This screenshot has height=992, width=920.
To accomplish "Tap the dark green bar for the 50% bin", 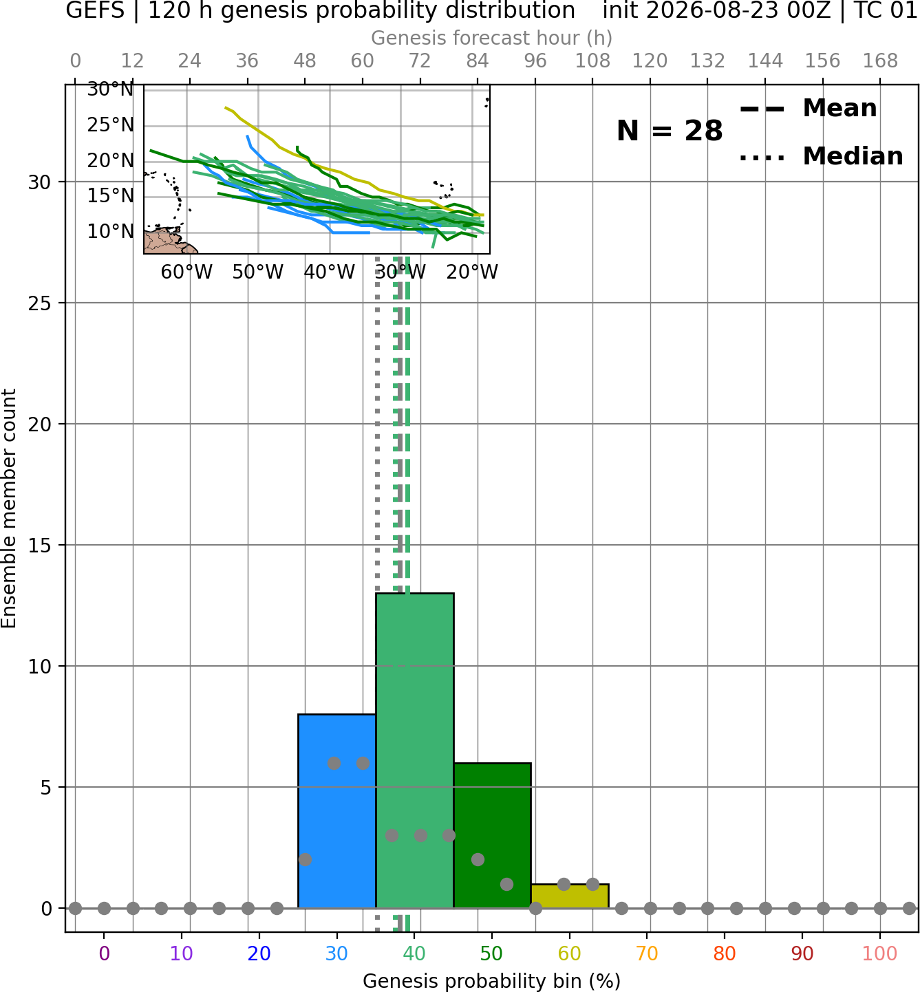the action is [x=492, y=835].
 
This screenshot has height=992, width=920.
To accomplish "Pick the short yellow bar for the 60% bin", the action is [x=570, y=896].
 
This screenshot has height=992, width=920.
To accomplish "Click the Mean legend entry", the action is [x=808, y=108].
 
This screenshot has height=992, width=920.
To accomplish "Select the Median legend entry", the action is [x=821, y=156].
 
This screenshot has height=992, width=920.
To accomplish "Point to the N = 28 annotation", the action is [x=670, y=131].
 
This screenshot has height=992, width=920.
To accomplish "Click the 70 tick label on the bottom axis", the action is [x=647, y=953].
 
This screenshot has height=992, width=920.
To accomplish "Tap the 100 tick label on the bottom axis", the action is [x=880, y=953].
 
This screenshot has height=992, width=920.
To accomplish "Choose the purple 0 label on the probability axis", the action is [x=104, y=953].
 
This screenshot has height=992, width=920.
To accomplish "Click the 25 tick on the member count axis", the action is [x=39, y=303].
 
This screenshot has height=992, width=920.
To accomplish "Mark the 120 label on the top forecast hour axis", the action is [x=650, y=61].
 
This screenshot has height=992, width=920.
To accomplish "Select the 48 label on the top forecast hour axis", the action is [x=305, y=61].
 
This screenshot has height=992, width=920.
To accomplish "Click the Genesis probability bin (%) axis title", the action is [x=492, y=980].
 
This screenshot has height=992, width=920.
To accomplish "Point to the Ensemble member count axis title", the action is [x=8, y=508].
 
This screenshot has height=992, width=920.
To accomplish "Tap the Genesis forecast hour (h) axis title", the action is [x=492, y=38].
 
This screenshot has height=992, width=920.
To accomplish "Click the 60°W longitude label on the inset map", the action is [x=186, y=272].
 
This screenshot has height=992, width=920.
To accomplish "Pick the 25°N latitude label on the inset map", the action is [x=110, y=125].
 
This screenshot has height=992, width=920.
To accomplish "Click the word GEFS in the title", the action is [x=95, y=10].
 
